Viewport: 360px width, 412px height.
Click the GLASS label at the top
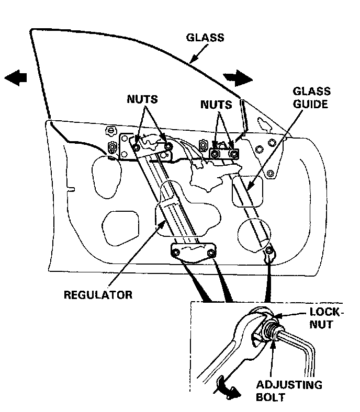pos(205,38)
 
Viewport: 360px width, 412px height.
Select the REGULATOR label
pos(98,294)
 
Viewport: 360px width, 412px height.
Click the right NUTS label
pos(216,105)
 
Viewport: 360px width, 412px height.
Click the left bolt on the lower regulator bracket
pos(177,254)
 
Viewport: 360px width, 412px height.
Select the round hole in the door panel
pos(254,235)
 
